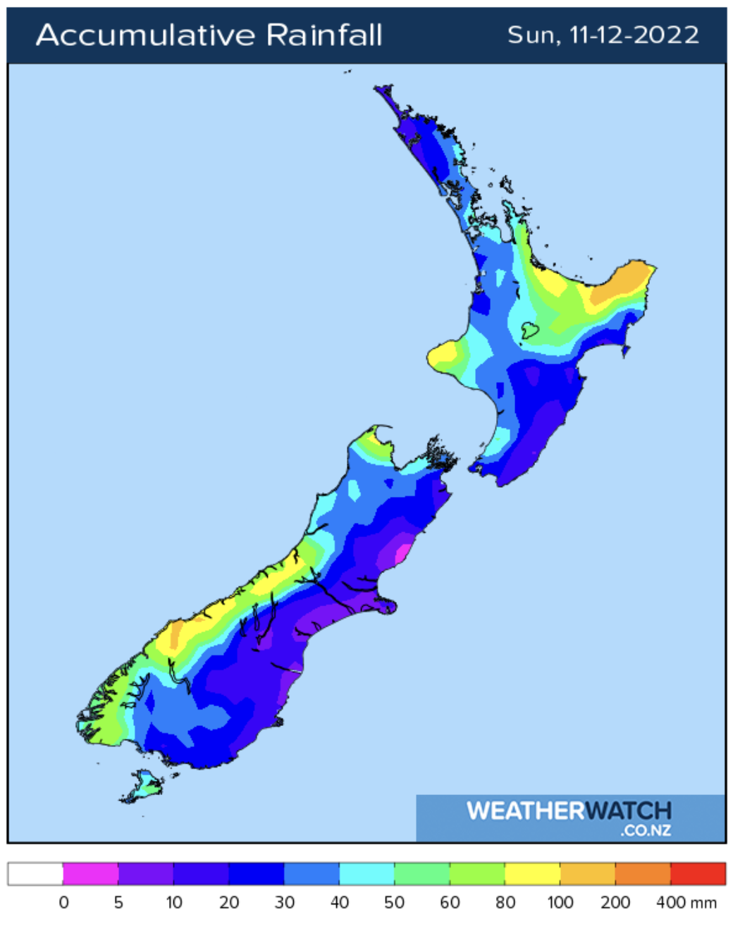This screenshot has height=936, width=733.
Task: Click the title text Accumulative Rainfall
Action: click(x=209, y=35)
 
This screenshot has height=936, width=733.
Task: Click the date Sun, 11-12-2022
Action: click(x=603, y=35)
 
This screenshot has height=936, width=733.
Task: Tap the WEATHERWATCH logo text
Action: click(x=569, y=811)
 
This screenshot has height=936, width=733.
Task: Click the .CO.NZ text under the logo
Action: click(x=646, y=830)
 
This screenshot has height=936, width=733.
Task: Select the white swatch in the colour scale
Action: click(x=35, y=874)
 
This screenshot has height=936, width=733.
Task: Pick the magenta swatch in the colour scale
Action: click(x=90, y=874)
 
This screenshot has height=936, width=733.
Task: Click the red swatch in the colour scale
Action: click(x=698, y=874)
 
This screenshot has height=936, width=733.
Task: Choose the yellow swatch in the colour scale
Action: click(x=532, y=874)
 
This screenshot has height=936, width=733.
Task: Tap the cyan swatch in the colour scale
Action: click(x=366, y=874)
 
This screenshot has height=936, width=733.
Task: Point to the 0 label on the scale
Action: click(x=63, y=903)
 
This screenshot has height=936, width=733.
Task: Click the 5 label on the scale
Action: click(x=118, y=903)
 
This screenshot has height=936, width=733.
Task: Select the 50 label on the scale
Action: click(x=394, y=903)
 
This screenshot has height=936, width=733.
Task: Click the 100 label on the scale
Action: click(x=560, y=903)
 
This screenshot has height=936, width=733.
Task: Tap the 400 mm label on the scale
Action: click(x=686, y=903)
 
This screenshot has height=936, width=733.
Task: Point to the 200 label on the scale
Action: click(x=615, y=903)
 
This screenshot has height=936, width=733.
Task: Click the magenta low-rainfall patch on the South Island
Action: click(x=402, y=550)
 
